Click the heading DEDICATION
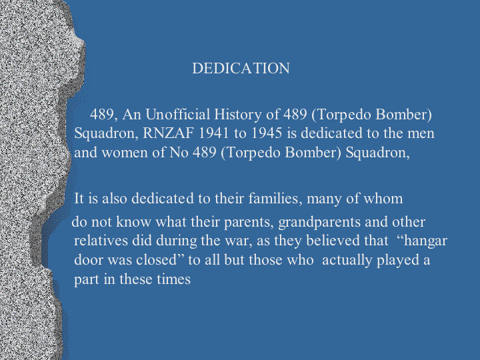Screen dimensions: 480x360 point(241,68)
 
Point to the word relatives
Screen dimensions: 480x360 point(101,241)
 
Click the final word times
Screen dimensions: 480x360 point(173,279)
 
